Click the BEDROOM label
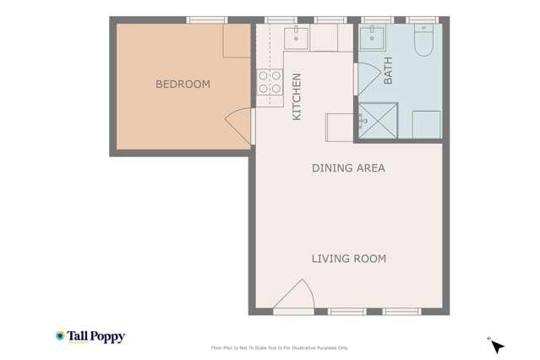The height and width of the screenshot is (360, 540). (x=183, y=85)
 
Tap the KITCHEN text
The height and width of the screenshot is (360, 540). (x=297, y=96)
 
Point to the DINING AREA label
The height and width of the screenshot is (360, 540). (x=348, y=168)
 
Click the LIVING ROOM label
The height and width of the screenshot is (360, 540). (x=348, y=259)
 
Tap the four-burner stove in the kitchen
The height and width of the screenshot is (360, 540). (x=270, y=82)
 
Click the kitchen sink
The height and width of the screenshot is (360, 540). (x=297, y=36)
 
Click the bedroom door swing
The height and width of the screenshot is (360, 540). (x=238, y=126)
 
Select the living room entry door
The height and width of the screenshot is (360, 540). (x=295, y=296)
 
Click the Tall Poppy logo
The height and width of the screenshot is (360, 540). (x=90, y=336)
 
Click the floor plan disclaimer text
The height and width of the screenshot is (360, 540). (x=279, y=347)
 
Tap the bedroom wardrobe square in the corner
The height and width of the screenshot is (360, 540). (x=237, y=41)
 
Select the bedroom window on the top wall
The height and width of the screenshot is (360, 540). (x=206, y=19)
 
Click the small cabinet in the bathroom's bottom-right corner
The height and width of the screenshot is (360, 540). (x=426, y=124)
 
